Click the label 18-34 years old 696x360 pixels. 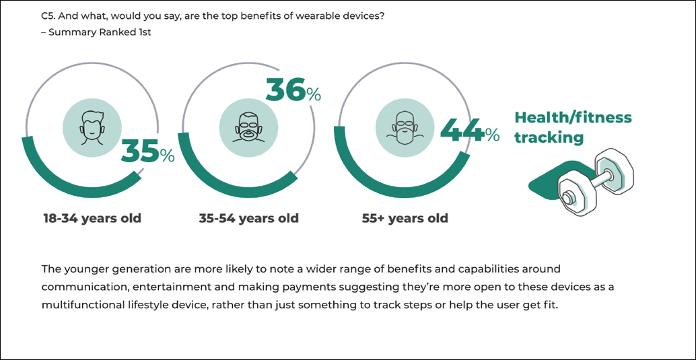click(x=92, y=219)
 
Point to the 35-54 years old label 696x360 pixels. click(x=248, y=219)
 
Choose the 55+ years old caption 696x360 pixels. click(x=405, y=219)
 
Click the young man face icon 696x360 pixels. click(x=92, y=126)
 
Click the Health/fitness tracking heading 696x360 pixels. click(x=573, y=127)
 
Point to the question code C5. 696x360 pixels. click(x=48, y=16)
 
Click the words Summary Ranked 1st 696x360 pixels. click(x=100, y=32)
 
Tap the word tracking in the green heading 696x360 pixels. click(x=549, y=137)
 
